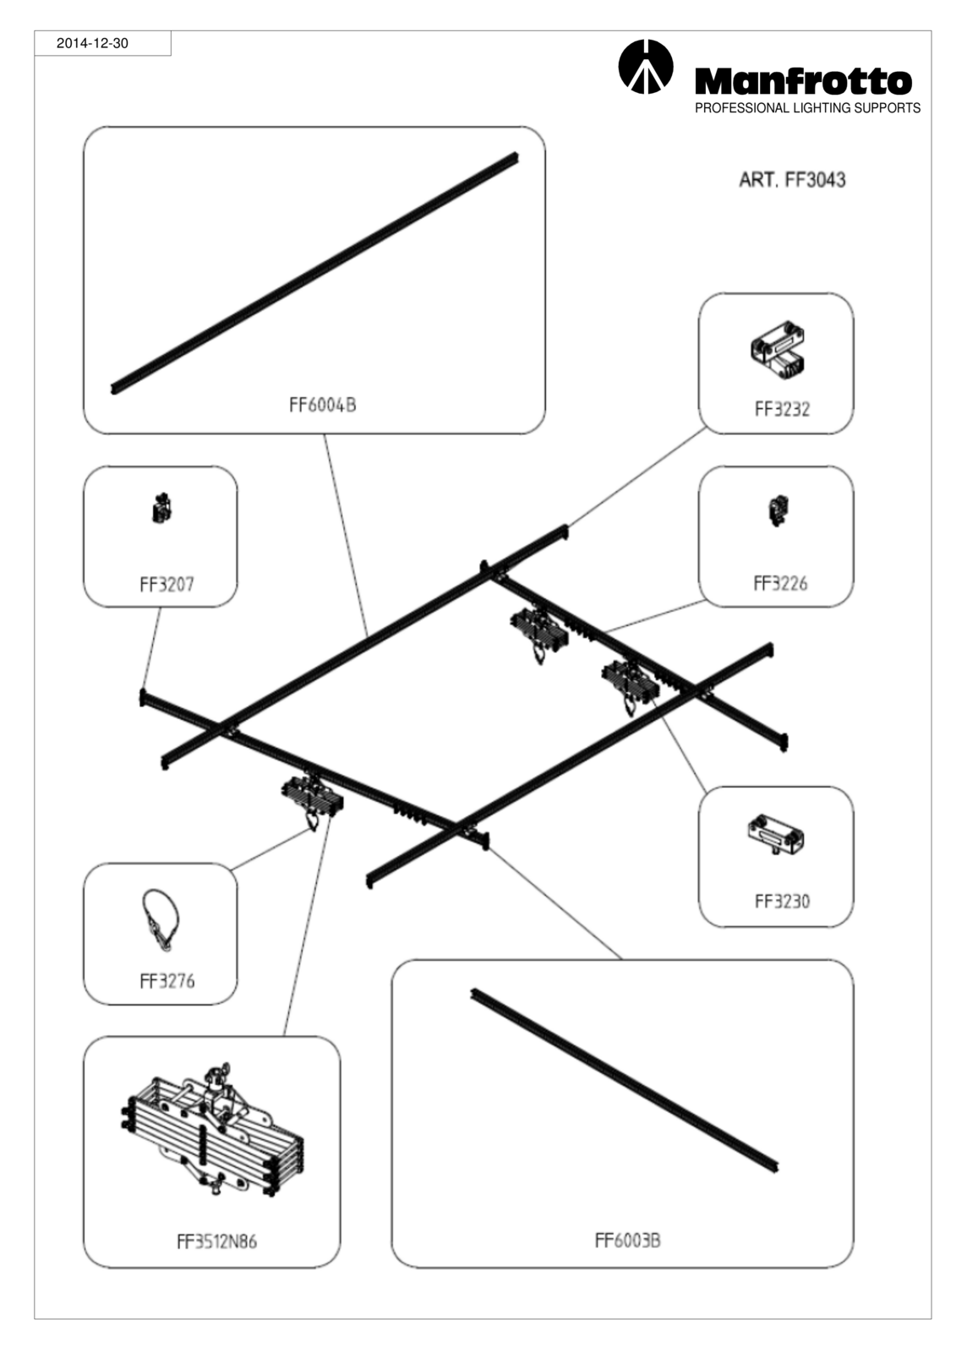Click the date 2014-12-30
[x=92, y=43]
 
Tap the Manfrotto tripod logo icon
[x=645, y=67]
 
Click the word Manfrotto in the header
[x=803, y=81]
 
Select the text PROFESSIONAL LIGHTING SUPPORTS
[x=807, y=108]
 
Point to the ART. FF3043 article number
[x=792, y=180]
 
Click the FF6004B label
[x=323, y=405]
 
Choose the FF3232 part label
[x=782, y=409]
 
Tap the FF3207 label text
[x=167, y=584]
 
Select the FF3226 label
[x=780, y=583]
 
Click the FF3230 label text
[x=782, y=901]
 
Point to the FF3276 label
[x=167, y=981]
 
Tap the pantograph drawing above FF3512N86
[x=212, y=1129]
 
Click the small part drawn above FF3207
[x=161, y=509]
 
